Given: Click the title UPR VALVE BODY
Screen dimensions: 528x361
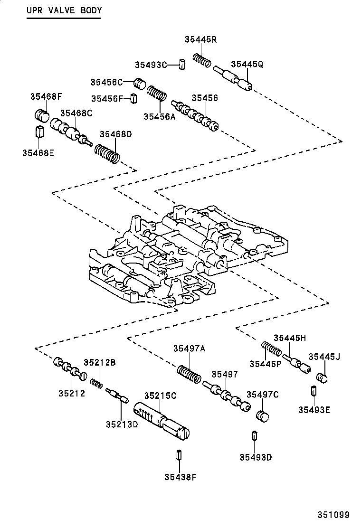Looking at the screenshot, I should click(64, 10).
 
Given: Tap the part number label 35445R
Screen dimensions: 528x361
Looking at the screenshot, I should click(200, 40).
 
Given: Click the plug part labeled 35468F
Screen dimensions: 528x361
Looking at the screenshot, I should click(43, 115).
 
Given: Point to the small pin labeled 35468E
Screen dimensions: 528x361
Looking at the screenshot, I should click(40, 131).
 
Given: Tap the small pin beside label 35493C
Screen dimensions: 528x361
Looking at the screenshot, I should click(181, 64).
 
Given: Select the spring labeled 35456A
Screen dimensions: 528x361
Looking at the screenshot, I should click(156, 93).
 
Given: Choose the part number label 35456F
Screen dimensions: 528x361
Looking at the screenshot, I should click(107, 98).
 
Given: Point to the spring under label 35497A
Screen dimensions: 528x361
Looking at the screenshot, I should click(189, 374).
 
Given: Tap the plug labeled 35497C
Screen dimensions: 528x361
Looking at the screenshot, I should click(263, 415).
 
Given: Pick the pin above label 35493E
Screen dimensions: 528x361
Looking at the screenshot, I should click(314, 392).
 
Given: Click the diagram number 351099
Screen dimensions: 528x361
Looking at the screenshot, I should click(333, 515).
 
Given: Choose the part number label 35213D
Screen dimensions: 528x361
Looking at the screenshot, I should click(122, 424).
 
